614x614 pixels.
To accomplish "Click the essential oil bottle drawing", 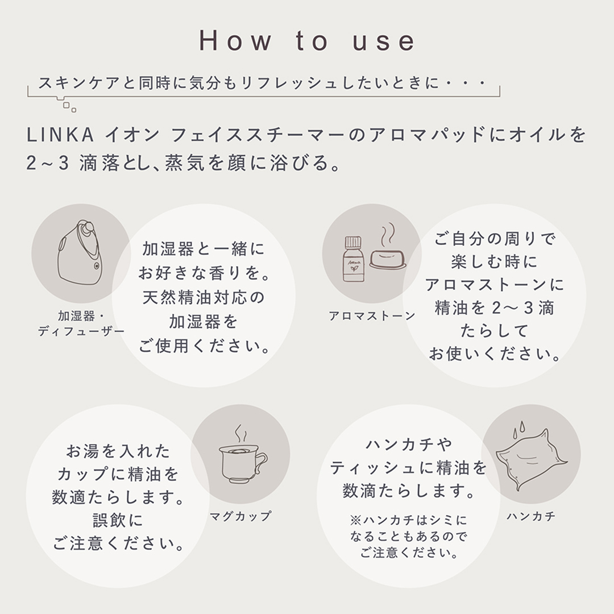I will tap(353, 259).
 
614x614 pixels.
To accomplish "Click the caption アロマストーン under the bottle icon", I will tap(372, 316).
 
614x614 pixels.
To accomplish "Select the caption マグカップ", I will tap(240, 516).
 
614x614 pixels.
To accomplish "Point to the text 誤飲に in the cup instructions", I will tap(119, 520).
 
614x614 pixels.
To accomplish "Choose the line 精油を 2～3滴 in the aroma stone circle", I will tap(494, 308).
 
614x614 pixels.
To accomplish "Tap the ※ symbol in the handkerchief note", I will tap(355, 520).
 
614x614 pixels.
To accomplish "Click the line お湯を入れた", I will tap(118, 451).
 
